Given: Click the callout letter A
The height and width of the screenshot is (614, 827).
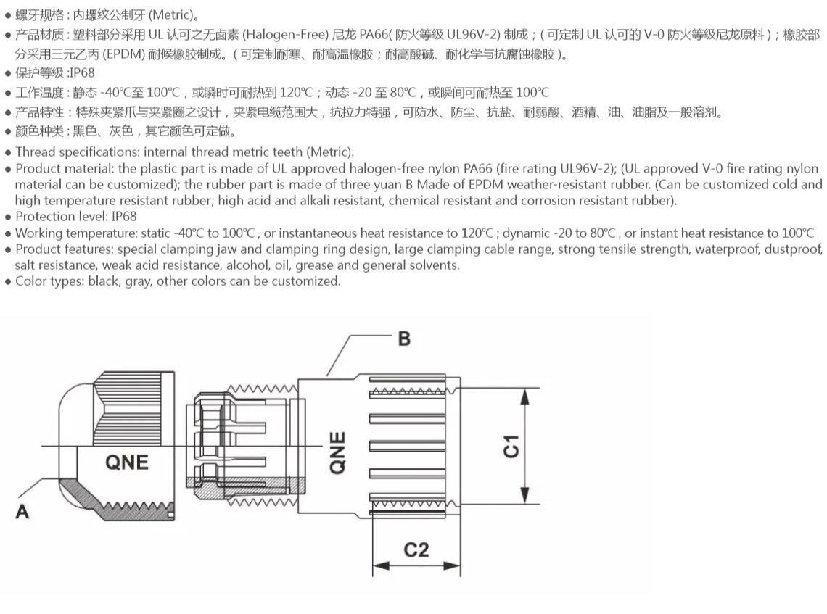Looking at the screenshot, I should (22, 511).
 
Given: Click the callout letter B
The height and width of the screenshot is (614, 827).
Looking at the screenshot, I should (404, 338).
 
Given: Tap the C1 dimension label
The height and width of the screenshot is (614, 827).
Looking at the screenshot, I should (511, 446).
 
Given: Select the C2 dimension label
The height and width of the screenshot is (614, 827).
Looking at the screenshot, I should (416, 549).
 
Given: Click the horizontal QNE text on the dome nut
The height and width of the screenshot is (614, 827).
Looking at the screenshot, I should (127, 462).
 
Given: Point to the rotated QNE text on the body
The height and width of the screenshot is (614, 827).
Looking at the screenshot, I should (337, 453).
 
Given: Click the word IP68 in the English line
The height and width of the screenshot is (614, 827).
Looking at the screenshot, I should (124, 216).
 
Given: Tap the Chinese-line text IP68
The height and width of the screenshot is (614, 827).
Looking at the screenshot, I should (81, 72).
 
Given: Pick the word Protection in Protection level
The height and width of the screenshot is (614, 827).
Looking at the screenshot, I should (44, 216).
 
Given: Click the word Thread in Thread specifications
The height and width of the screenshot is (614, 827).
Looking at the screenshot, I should (33, 152).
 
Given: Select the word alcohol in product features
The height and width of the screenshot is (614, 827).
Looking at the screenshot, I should (248, 265).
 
